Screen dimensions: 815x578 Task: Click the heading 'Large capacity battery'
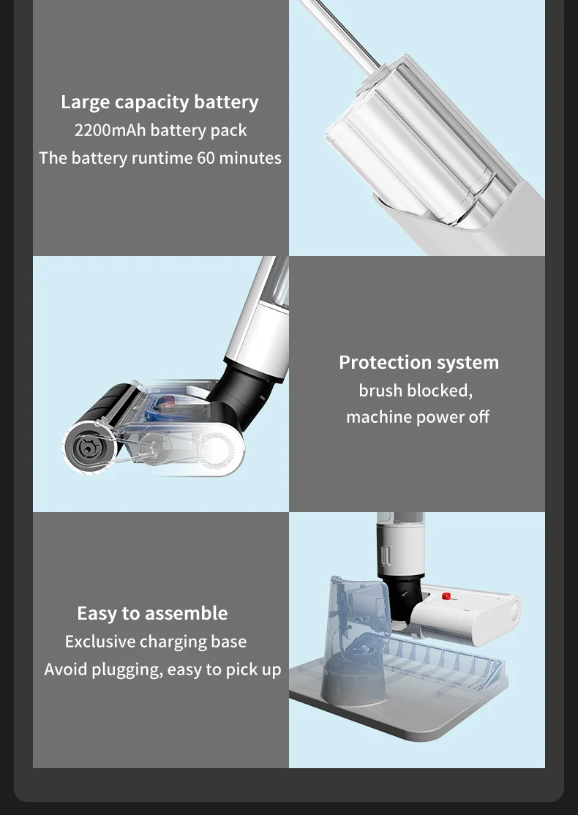159,102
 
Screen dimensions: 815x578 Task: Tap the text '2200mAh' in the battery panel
110,130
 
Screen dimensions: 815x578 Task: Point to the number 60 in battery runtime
206,158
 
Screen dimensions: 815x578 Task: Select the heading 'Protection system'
419,362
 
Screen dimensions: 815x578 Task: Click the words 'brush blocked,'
416,391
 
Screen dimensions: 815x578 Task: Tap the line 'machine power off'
418,417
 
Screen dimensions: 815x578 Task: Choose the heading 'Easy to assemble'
152,613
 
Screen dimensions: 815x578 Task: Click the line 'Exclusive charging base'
156,642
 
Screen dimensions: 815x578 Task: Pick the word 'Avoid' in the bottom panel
65,669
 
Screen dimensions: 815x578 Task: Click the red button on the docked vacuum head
445,597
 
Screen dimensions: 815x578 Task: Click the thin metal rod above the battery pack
340,34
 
